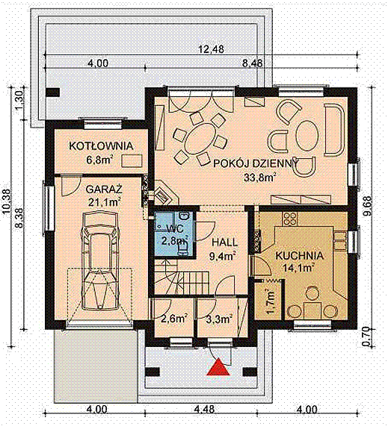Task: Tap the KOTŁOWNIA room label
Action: (101, 146)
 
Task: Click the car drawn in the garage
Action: (101, 261)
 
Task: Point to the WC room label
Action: (174, 228)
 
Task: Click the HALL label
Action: (224, 242)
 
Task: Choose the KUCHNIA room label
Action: (300, 256)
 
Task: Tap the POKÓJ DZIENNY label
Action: (256, 163)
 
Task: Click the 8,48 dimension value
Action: (253, 63)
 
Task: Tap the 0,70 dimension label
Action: (367, 336)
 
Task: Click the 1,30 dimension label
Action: (20, 100)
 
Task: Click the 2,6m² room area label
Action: (173, 319)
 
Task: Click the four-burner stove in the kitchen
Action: (290, 219)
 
